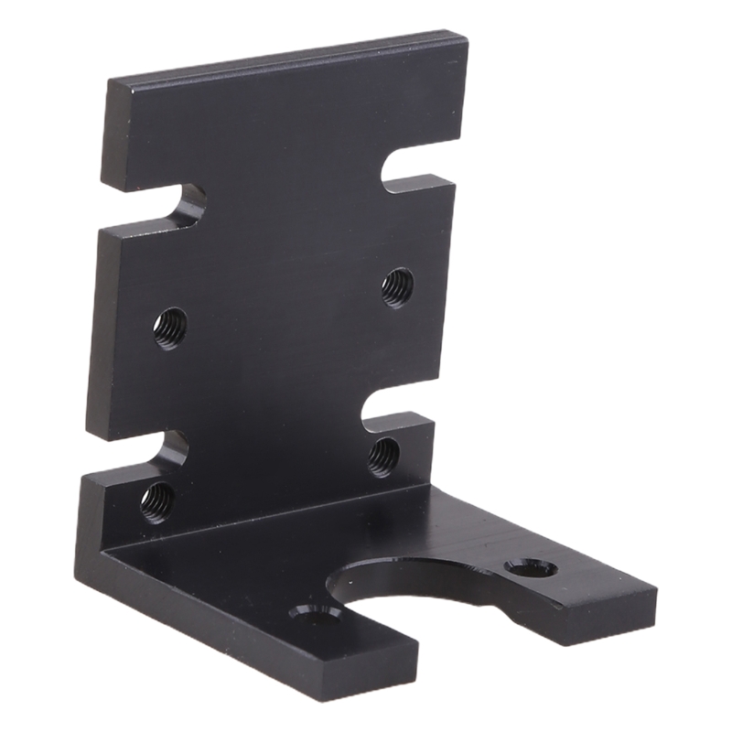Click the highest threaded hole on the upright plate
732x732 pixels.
(x=397, y=286)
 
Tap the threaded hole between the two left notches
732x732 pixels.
(x=170, y=327)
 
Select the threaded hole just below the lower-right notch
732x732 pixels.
(x=383, y=457)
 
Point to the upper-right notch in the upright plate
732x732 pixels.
(x=407, y=169)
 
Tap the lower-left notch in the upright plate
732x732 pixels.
(x=172, y=450)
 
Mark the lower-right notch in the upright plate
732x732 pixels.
(x=388, y=425)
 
